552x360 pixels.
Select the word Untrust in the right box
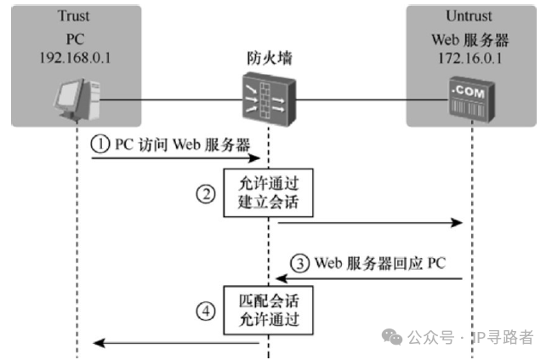[x=469, y=16]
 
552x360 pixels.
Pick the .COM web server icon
[x=469, y=100]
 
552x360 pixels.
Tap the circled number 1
[x=101, y=145]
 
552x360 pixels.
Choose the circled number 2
[x=205, y=194]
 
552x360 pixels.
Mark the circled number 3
[x=299, y=263]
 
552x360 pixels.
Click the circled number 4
[x=205, y=311]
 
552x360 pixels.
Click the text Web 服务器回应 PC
[x=379, y=263]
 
